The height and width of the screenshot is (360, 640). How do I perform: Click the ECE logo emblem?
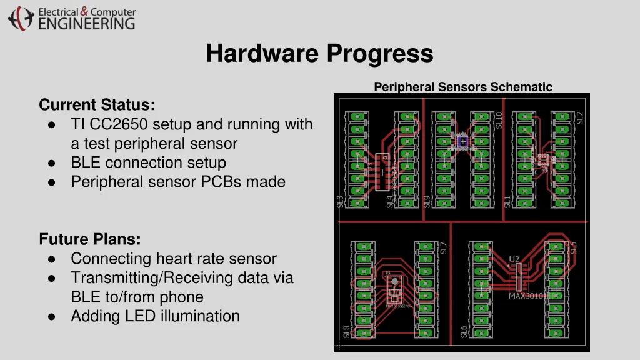point(21,18)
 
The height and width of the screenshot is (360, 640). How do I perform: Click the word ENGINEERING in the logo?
point(86,24)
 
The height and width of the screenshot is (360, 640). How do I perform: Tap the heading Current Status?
point(97,104)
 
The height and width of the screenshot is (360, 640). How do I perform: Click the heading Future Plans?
point(89,239)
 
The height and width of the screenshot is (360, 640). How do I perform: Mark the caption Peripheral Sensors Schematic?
point(463,87)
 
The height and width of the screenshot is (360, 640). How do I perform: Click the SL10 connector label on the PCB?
point(498,120)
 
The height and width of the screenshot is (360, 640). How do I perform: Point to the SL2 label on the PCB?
point(579,117)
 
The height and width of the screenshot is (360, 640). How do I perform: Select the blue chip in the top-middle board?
point(462,142)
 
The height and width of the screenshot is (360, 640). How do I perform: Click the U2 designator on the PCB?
point(514,259)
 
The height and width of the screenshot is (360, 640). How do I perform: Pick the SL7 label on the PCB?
point(443,248)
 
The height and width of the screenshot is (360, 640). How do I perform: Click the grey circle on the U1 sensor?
point(394,282)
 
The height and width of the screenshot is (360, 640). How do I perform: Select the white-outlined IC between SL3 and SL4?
point(381,172)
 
